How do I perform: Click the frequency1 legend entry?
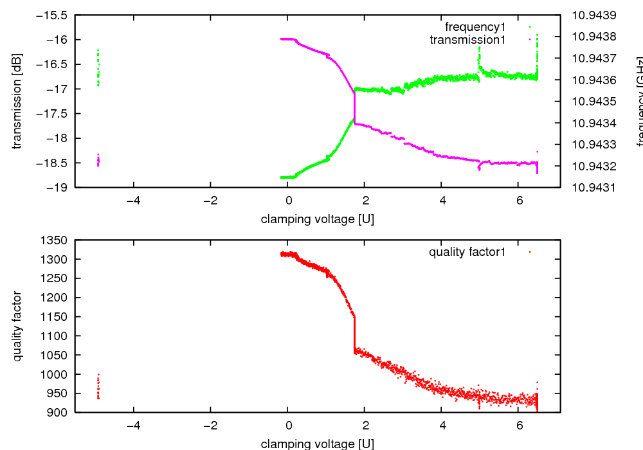point(475,27)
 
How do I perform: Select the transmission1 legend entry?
point(467,40)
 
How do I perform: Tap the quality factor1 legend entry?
point(467,252)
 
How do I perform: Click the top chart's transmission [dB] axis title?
point(17,101)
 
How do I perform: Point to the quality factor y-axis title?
point(17,326)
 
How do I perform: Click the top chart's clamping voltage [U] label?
point(318,219)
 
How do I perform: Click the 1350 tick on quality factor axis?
point(55,240)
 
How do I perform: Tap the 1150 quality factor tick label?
point(55,317)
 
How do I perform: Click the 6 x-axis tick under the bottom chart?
point(518,426)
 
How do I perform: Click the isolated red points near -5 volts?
point(98,387)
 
